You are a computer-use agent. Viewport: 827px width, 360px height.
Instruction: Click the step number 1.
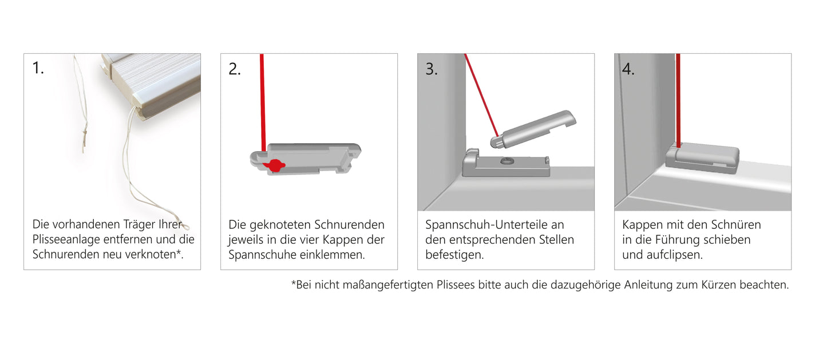37,69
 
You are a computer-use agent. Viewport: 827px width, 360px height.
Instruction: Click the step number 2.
234,69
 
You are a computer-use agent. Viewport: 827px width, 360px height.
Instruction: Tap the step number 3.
431,69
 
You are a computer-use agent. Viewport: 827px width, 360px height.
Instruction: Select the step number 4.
628,69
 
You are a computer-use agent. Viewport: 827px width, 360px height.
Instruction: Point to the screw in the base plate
507,162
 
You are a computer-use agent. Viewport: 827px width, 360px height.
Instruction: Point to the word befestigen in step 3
454,255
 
